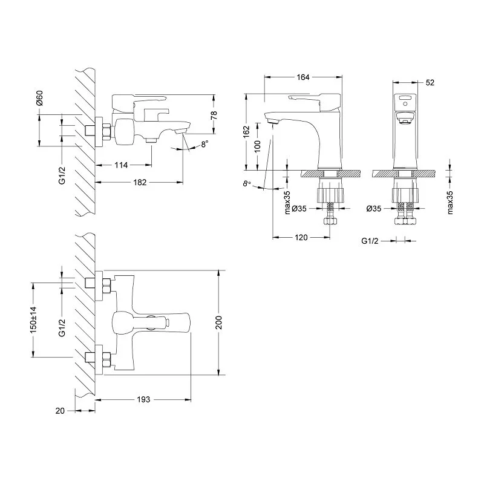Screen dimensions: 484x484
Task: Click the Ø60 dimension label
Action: click(x=39, y=98)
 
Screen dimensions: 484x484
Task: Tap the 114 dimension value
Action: click(x=121, y=165)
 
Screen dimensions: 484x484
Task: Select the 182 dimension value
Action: click(x=140, y=183)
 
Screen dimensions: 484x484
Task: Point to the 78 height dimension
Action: click(x=214, y=115)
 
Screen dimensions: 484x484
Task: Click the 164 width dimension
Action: click(x=303, y=77)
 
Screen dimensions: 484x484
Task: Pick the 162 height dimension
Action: click(x=246, y=132)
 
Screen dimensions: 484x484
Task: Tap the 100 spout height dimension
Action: click(x=258, y=146)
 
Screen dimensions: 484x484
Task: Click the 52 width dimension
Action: click(x=430, y=82)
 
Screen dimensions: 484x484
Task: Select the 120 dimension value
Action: click(x=301, y=237)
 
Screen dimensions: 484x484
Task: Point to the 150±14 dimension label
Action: click(x=33, y=320)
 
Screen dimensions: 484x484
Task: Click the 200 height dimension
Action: click(x=218, y=322)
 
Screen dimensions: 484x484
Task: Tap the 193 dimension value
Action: click(x=143, y=399)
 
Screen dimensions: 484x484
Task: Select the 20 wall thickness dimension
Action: click(x=60, y=411)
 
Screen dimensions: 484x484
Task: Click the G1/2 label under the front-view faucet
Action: click(x=370, y=241)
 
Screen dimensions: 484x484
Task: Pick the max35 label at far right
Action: click(x=450, y=202)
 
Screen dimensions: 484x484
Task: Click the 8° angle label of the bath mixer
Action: click(x=205, y=144)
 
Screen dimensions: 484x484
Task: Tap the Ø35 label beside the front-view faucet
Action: click(x=374, y=209)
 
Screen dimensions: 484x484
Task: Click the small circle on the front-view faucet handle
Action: click(x=405, y=104)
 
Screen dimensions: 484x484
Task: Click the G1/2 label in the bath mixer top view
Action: click(x=62, y=327)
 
